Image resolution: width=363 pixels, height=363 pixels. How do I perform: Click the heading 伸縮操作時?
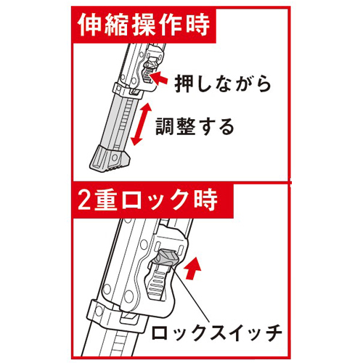tap(144, 25)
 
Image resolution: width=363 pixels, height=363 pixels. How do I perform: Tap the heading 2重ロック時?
tap(147, 200)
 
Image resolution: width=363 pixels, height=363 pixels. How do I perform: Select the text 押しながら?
tap(223, 83)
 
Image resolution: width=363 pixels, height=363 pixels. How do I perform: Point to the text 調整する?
tap(195, 126)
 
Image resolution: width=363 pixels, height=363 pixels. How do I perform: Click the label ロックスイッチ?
tap(216, 333)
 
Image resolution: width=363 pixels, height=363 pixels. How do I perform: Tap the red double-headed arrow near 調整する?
tap(141, 124)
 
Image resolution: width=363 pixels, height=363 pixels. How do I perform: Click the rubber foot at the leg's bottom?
tap(110, 159)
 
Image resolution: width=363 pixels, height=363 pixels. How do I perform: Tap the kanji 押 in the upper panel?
tap(184, 83)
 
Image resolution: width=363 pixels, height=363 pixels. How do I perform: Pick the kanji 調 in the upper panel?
tap(165, 126)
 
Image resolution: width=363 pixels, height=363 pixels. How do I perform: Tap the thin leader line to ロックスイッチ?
tap(192, 295)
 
